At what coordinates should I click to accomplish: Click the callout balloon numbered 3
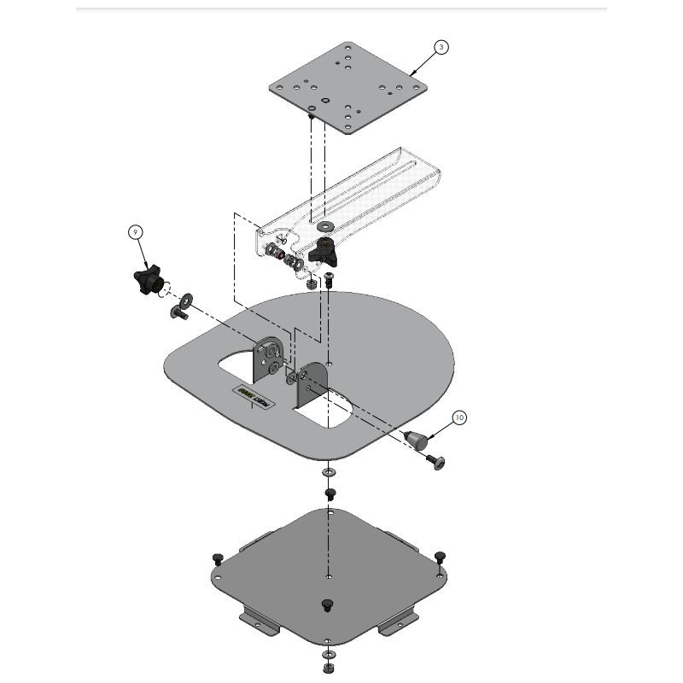tap(441, 47)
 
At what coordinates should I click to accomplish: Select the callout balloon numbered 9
tap(136, 231)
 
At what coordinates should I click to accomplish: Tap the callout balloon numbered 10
tap(459, 417)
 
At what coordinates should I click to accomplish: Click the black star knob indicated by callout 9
tap(148, 281)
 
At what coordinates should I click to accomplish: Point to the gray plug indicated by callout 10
tap(416, 439)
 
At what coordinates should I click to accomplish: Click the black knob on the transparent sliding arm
tap(325, 250)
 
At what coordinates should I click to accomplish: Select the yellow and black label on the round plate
tap(252, 397)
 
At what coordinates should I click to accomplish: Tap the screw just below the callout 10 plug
tap(435, 461)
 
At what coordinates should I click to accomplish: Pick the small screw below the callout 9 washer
tap(180, 314)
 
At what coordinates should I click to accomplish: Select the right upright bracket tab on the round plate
tap(310, 383)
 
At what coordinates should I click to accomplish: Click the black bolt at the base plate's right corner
tap(439, 557)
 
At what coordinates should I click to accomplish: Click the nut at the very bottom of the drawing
tap(328, 667)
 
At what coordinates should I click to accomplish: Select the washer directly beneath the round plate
tap(329, 472)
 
